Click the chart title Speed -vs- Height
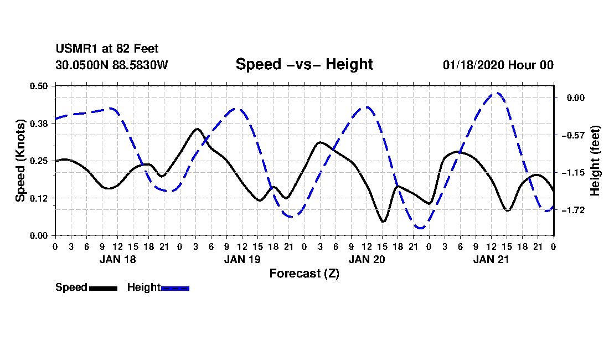(x=304, y=64)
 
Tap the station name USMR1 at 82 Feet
(x=107, y=49)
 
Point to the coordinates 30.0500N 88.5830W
(x=111, y=65)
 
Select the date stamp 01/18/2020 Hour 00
(x=498, y=65)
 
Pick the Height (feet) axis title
(x=595, y=161)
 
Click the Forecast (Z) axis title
(x=304, y=274)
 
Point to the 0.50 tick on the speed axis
(x=39, y=86)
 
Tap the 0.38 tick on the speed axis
(x=39, y=124)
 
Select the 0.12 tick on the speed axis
(x=39, y=198)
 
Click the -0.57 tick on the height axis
(x=573, y=135)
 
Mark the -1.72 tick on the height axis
(x=573, y=210)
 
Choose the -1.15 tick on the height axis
(x=573, y=172)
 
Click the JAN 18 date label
(x=118, y=259)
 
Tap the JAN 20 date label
(x=367, y=259)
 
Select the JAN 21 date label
(x=491, y=259)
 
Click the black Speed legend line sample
(x=104, y=288)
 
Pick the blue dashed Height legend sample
(x=175, y=288)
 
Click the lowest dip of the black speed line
(x=383, y=222)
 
